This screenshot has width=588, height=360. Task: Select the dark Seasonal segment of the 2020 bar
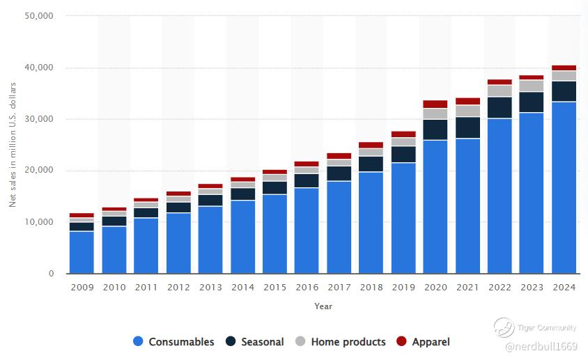435,130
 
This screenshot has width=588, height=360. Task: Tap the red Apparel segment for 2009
82,215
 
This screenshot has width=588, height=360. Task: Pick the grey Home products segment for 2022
500,91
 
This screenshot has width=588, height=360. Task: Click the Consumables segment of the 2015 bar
274,234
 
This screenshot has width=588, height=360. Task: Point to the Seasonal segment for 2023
532,102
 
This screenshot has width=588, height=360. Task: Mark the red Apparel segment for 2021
467,101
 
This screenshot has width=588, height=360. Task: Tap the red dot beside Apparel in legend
401,342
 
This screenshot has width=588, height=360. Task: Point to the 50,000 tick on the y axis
39,15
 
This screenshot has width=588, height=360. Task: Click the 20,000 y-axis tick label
39,171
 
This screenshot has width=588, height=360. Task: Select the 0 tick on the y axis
51,274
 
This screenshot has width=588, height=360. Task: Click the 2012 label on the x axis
178,288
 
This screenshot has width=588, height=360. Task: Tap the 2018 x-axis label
371,288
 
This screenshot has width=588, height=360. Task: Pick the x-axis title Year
323,306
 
